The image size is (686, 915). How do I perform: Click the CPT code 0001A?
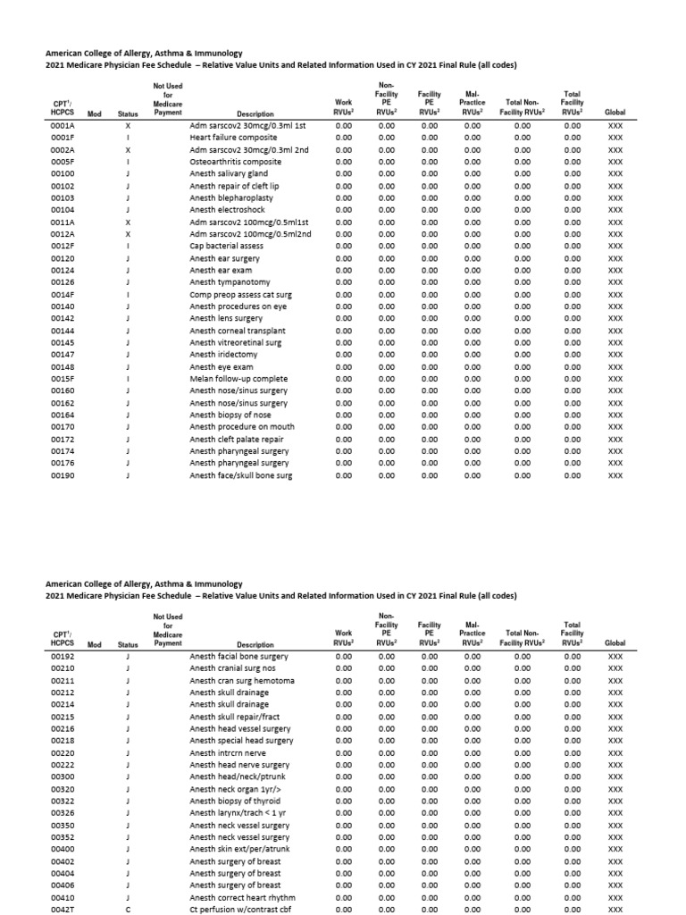pyautogui.click(x=63, y=126)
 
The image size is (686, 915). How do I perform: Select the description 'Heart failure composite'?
pyautogui.click(x=233, y=138)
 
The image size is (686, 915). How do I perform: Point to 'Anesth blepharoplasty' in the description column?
pyautogui.click(x=230, y=197)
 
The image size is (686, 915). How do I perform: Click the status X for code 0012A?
pyautogui.click(x=130, y=234)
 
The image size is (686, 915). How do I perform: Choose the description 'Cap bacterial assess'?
pyautogui.click(x=227, y=246)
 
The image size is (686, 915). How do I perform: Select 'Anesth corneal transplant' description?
pyautogui.click(x=236, y=331)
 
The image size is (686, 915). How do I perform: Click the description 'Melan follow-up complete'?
pyautogui.click(x=238, y=379)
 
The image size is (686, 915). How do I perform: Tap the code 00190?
pyautogui.click(x=63, y=475)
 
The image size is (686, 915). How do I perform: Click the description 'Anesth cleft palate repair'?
pyautogui.click(x=237, y=439)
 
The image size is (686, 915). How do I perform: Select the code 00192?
pyautogui.click(x=63, y=656)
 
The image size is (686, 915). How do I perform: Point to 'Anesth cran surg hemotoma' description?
pyautogui.click(x=242, y=680)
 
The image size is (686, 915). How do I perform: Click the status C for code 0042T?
pyautogui.click(x=130, y=909)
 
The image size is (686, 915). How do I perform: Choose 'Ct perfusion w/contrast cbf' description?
pyautogui.click(x=241, y=909)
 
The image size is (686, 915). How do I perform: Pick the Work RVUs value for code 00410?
pyautogui.click(x=343, y=897)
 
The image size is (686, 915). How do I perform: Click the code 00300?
pyautogui.click(x=63, y=776)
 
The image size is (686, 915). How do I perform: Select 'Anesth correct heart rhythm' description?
pyautogui.click(x=242, y=897)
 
